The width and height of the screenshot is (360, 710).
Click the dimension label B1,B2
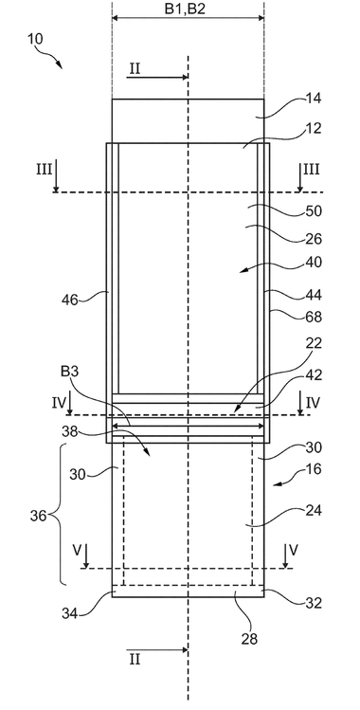click(185, 9)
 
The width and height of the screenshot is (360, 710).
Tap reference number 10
click(35, 39)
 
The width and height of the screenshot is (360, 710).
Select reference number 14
click(314, 99)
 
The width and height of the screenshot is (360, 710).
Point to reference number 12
click(314, 129)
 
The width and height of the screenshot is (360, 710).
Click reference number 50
click(314, 211)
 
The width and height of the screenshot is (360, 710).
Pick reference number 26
click(314, 239)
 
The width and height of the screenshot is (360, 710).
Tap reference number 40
click(314, 262)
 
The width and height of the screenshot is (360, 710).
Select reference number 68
click(314, 317)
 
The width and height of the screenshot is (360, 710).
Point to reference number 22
click(314, 343)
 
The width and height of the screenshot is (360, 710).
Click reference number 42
click(314, 375)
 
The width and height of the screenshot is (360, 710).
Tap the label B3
click(70, 373)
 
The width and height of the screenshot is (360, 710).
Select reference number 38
click(69, 432)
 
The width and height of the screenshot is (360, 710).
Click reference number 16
click(314, 468)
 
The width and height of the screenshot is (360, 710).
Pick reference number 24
click(314, 511)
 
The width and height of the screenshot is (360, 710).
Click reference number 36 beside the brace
click(39, 516)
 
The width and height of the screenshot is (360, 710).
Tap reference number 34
click(69, 613)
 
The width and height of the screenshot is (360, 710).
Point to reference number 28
click(249, 639)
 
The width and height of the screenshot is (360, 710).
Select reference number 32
click(314, 603)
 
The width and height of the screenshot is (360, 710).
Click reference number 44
click(314, 295)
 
